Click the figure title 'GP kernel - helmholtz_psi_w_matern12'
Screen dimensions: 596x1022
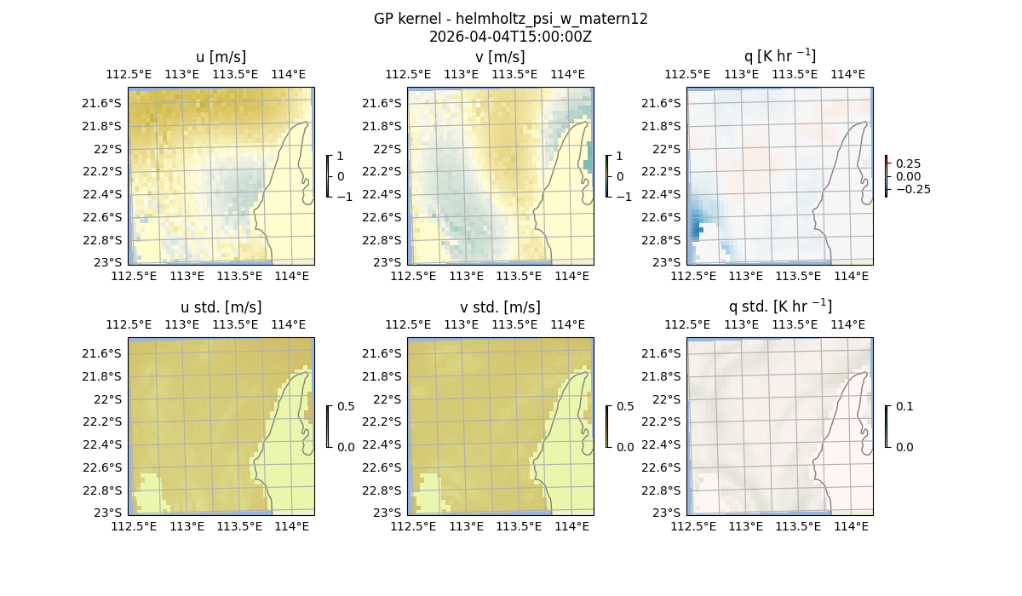[510, 19]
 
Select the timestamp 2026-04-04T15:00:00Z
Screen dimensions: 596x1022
[510, 37]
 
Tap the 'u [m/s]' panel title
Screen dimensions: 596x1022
[221, 57]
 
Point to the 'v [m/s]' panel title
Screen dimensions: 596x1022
[500, 57]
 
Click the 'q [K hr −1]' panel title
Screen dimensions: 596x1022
[779, 57]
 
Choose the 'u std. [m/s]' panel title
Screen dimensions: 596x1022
[221, 307]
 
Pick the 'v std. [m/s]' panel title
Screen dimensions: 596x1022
[500, 307]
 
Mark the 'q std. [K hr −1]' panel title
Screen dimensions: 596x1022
[779, 307]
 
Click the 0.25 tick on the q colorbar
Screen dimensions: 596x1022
[908, 163]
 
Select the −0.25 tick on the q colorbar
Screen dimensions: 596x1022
[912, 189]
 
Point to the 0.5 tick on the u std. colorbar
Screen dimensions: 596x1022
[346, 407]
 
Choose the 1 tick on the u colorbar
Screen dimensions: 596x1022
[341, 157]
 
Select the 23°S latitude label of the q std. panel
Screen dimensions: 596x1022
[666, 513]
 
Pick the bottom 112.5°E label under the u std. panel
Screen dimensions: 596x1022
[134, 527]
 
